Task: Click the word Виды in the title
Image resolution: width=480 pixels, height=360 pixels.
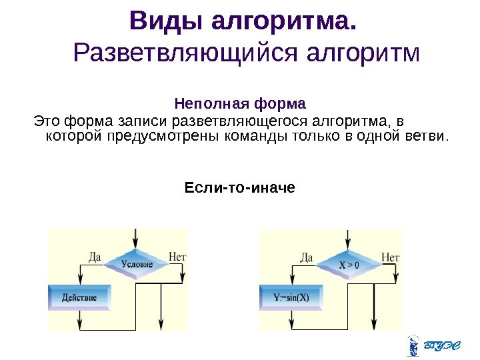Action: (166, 22)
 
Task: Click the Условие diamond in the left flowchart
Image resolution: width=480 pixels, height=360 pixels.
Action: (137, 264)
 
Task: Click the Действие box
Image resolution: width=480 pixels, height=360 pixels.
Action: (79, 297)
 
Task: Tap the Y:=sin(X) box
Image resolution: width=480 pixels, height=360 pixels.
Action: (291, 297)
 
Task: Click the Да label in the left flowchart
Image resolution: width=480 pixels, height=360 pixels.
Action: (94, 256)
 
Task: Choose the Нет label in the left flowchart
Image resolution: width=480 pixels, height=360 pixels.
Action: (177, 256)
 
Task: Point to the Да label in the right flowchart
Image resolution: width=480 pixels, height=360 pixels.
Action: (306, 256)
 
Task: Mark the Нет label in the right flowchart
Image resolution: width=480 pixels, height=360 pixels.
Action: (390, 256)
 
